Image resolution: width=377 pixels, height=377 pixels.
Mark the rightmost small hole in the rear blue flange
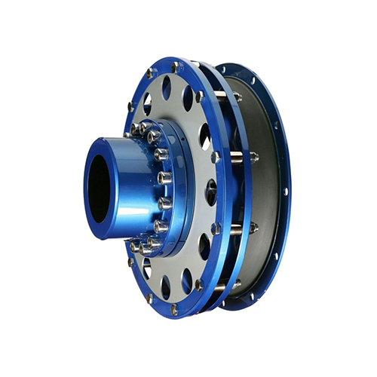tap(285, 192)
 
